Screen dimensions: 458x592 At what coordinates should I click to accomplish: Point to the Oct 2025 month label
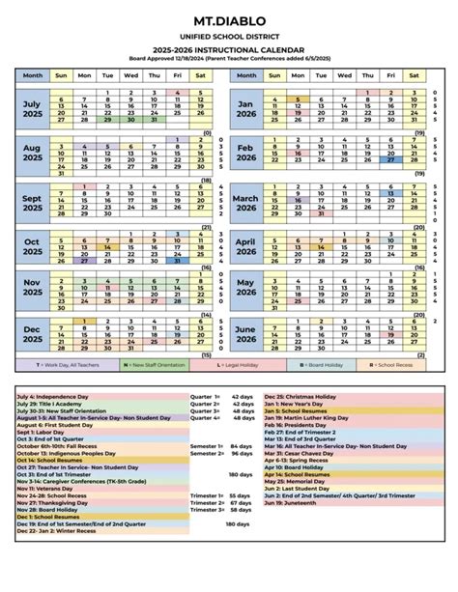pos(33,246)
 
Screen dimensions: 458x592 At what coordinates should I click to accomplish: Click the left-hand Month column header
pos(33,73)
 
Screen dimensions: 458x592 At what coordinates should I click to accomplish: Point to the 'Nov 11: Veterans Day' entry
pos(48,490)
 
